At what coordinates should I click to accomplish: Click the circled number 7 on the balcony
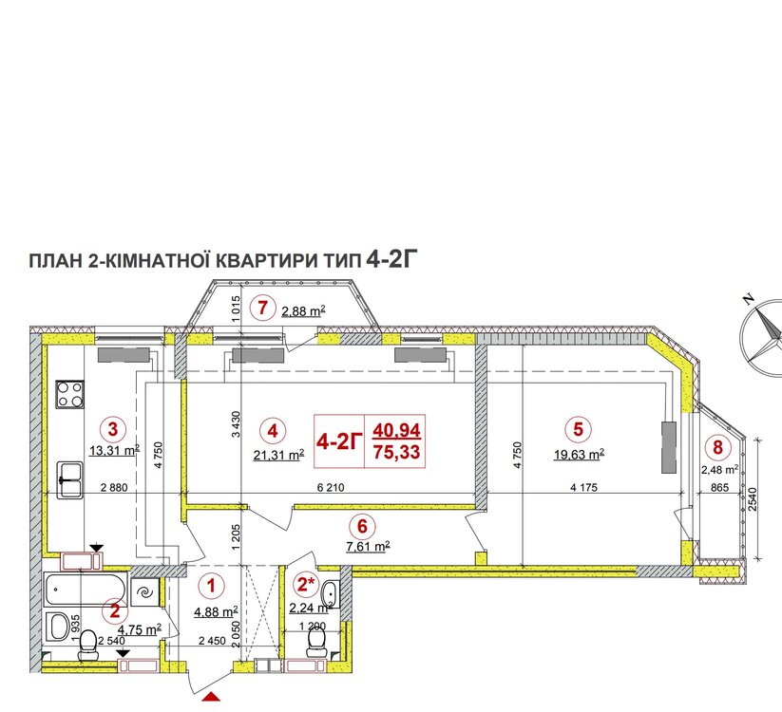pos(262,308)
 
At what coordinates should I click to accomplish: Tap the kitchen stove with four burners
pos(69,394)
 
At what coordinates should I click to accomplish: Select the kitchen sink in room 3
pos(69,479)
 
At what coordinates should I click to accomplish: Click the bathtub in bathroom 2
pos(85,590)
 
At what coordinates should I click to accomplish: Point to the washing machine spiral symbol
pos(145,592)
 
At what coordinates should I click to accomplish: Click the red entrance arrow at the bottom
pos(211,696)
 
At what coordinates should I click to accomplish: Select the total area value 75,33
pos(397,452)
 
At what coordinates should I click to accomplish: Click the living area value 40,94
pos(397,429)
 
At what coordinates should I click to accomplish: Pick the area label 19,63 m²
pos(579,455)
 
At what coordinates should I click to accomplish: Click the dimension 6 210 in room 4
pos(331,487)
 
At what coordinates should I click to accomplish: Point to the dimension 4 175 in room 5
pos(583,487)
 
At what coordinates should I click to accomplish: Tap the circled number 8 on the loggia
pos(717,447)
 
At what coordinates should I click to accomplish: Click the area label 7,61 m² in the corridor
pos(368,547)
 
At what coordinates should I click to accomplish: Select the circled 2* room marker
pos(305,584)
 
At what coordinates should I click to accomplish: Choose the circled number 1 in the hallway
pos(212,585)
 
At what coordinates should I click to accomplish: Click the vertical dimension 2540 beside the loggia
pos(753,499)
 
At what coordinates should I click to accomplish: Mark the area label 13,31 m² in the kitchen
pos(114,450)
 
